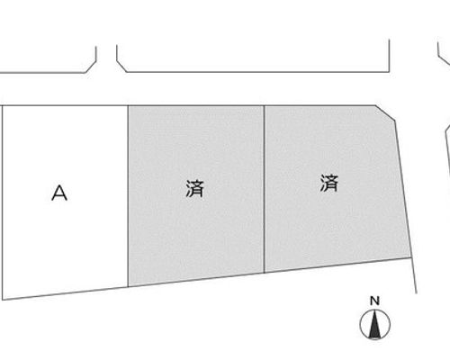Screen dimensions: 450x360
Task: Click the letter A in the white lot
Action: (59, 193)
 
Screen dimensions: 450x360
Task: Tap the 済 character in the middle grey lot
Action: (194, 189)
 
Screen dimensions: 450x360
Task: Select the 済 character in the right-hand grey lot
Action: (329, 183)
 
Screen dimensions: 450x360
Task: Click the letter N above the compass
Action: (374, 301)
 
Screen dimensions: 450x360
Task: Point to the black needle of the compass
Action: (374, 325)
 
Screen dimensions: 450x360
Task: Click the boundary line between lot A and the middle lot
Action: (128, 196)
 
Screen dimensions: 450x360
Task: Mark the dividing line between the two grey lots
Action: (265, 189)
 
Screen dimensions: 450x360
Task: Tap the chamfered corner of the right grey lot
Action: (385, 112)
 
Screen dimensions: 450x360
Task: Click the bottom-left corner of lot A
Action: (3, 300)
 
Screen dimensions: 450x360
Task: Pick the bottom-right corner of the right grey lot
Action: (410, 257)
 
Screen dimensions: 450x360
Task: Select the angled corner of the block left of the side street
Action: (91, 67)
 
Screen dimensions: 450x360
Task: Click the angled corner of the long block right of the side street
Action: (121, 67)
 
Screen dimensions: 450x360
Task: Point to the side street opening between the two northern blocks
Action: (106, 60)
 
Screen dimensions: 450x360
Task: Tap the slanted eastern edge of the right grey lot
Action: (402, 189)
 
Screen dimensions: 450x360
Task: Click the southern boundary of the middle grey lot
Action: (196, 280)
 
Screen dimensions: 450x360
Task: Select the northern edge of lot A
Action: (66, 105)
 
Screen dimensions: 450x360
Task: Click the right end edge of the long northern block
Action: (389, 56)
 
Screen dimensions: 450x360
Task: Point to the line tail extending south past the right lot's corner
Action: (414, 275)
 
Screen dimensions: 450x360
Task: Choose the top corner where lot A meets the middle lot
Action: (128, 105)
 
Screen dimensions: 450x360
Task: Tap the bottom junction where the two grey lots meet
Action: (265, 273)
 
